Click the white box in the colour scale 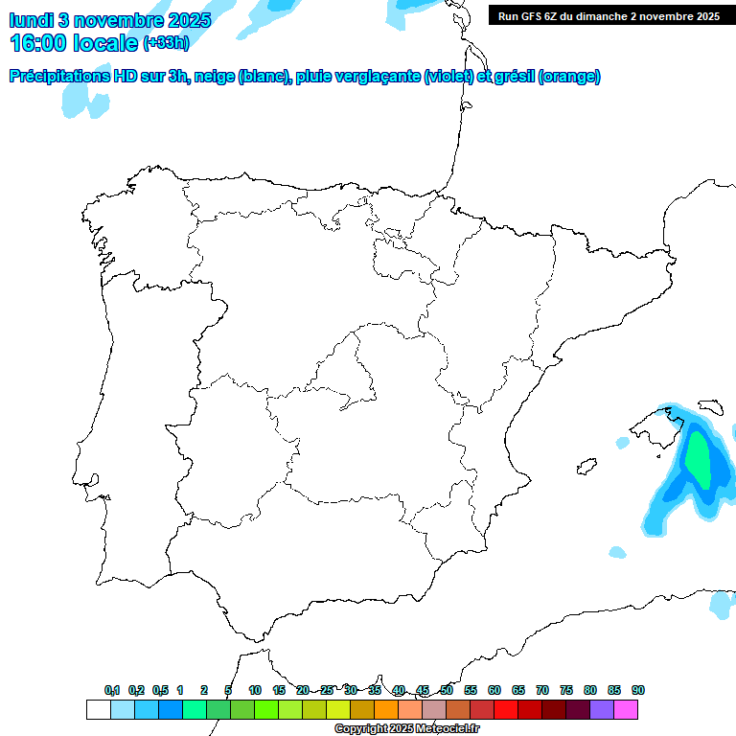pos(98,709)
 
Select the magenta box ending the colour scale pos(626,709)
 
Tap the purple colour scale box pos(602,709)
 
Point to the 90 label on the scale pos(638,690)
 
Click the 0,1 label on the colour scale pos(112,690)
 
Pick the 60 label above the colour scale pos(494,690)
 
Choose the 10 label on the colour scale pos(255,690)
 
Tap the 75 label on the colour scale pos(566,690)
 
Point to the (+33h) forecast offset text pos(167,43)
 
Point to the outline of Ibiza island pos(584,468)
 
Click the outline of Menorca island pos(711,407)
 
